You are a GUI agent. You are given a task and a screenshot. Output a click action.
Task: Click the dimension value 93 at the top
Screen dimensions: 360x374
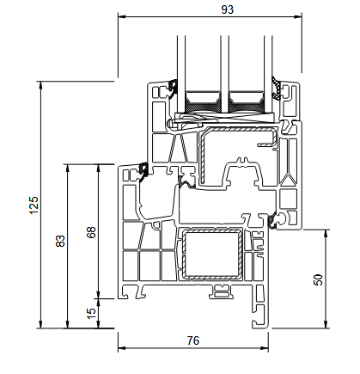pyautogui.click(x=228, y=9)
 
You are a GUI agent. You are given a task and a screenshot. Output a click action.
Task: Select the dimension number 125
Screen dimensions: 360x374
pyautogui.click(x=34, y=205)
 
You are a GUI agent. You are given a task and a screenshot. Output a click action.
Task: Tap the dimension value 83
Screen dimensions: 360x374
pyautogui.click(x=60, y=241)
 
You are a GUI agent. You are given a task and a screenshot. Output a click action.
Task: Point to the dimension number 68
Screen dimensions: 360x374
pyautogui.click(x=91, y=232)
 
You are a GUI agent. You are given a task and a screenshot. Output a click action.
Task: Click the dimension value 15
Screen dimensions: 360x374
pyautogui.click(x=91, y=314)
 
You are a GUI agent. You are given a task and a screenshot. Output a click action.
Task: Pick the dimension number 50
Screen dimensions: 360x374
pyautogui.click(x=318, y=279)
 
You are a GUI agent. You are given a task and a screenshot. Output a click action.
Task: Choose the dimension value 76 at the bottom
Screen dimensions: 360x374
pyautogui.click(x=193, y=340)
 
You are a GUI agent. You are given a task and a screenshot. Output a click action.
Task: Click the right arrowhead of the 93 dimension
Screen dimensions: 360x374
pyautogui.click(x=298, y=16)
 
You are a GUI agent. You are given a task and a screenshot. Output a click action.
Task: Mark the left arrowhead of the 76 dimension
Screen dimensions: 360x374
pyautogui.click(x=122, y=348)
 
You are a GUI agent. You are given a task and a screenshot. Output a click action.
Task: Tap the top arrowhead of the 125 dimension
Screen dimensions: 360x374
pyautogui.click(x=41, y=85)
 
